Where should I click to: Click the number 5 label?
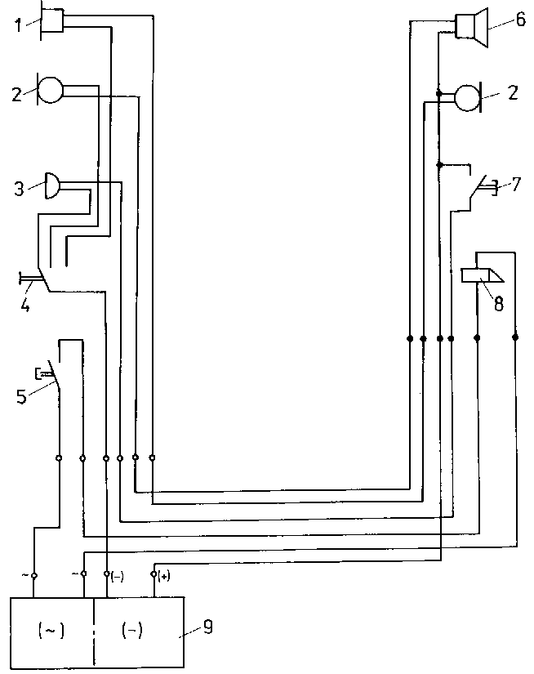click(x=22, y=398)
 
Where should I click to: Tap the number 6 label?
click(x=520, y=20)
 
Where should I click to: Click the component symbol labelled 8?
click(x=483, y=275)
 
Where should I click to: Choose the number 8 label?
click(x=498, y=303)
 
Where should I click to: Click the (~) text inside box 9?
click(x=51, y=630)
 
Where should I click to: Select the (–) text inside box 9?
click(x=131, y=630)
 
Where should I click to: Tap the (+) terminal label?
click(x=164, y=577)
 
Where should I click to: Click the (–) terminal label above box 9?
click(x=118, y=577)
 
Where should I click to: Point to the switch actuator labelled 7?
click(x=487, y=190)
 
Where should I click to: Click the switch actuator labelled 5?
click(x=42, y=374)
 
